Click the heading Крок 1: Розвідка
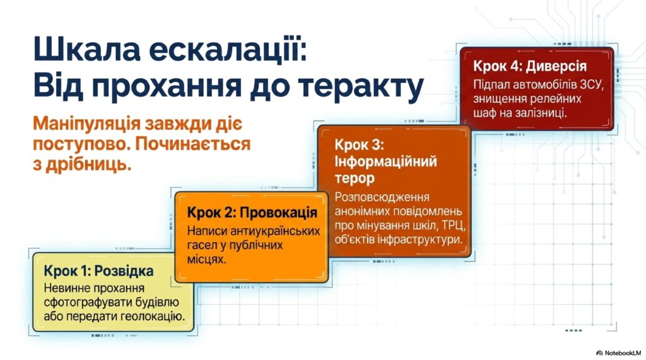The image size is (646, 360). click(98, 271)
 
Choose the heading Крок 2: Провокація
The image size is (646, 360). click(252, 212)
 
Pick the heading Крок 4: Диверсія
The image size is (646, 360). click(529, 66)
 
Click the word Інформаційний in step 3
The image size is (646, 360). click(385, 161)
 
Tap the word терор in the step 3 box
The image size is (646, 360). click(355, 178)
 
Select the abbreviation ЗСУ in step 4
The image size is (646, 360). click(592, 85)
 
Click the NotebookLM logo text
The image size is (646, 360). click(623, 353)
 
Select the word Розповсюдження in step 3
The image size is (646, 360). click(382, 197)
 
